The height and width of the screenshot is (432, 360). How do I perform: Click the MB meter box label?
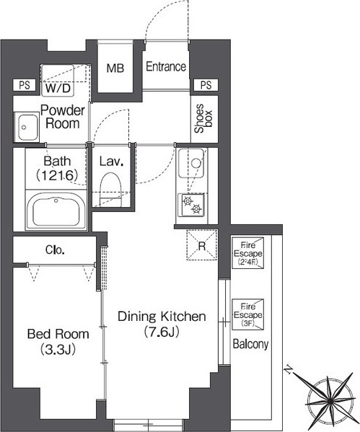click(115, 68)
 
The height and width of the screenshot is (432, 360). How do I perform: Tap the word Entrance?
click(166, 66)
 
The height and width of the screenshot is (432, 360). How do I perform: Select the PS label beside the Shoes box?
click(206, 85)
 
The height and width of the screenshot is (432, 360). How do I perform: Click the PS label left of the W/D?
click(25, 85)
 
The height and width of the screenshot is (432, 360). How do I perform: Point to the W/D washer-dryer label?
click(58, 89)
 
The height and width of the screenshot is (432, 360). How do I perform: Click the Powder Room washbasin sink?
click(27, 127)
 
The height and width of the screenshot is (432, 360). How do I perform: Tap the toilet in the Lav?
click(111, 189)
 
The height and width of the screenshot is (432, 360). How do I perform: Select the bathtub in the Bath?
click(56, 211)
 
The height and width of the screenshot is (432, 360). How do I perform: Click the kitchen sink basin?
click(191, 163)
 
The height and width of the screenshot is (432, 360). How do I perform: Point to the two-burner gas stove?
click(192, 205)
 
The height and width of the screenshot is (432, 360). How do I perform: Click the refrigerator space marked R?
click(202, 244)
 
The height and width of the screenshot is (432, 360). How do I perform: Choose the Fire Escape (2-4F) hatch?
click(247, 253)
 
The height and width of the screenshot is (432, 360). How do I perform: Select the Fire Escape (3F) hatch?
click(247, 314)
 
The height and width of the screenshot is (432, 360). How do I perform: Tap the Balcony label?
click(250, 344)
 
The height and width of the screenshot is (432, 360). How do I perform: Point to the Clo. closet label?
click(55, 250)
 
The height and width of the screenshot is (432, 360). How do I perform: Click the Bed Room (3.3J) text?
click(58, 341)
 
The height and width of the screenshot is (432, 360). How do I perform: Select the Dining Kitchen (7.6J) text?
click(162, 324)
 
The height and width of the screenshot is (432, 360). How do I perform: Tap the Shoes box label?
click(203, 119)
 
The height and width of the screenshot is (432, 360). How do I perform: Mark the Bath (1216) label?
click(57, 168)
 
